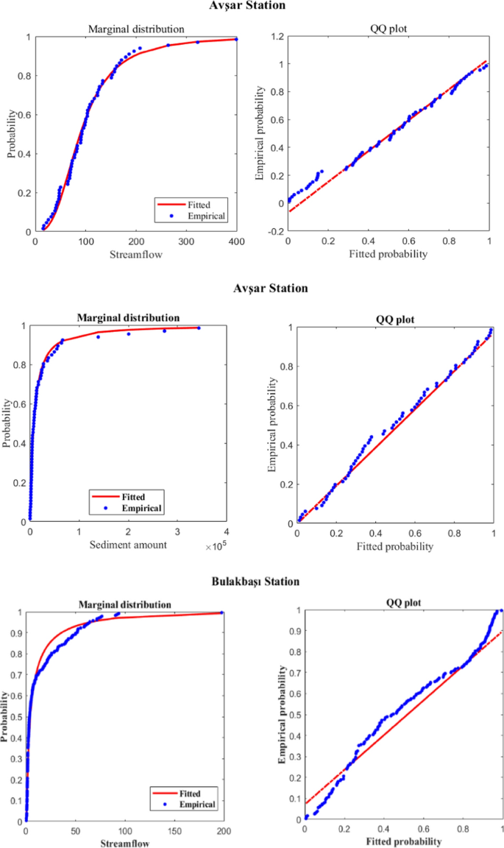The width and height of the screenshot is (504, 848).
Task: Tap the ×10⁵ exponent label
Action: [x=214, y=546]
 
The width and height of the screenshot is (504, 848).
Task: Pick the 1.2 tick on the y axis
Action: [x=277, y=36]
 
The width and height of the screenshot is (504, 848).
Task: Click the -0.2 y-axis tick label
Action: [x=275, y=231]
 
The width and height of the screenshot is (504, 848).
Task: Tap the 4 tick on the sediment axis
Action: [x=227, y=532]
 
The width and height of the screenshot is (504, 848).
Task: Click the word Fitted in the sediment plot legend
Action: [x=140, y=495]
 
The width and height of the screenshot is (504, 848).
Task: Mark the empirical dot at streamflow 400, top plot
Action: [x=236, y=39]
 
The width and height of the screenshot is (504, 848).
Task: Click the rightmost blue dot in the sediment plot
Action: [x=199, y=328]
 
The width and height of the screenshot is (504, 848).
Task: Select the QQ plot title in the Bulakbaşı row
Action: [x=396, y=604]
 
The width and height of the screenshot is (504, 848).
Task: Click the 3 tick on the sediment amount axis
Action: [x=177, y=532]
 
